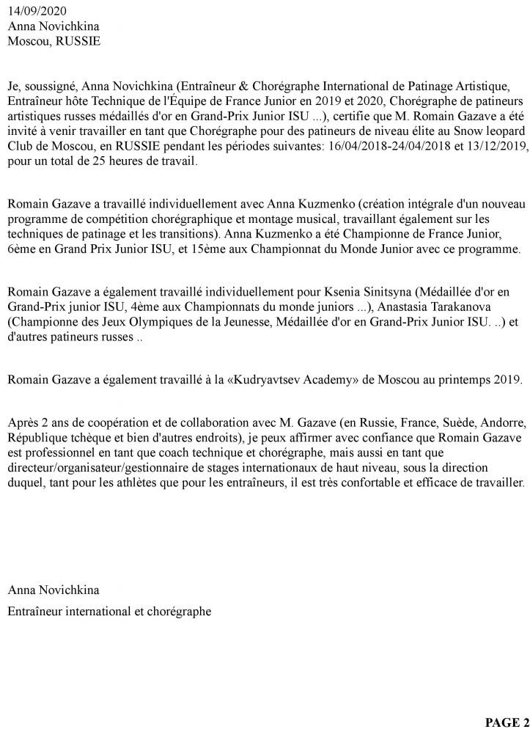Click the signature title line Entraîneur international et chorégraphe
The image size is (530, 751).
pos(109,609)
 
